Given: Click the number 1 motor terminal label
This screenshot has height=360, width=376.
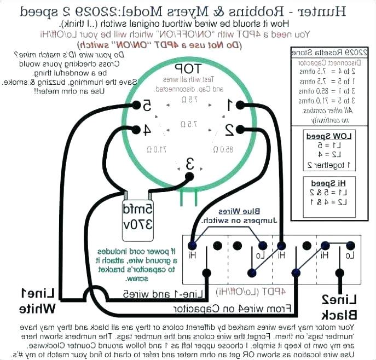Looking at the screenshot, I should click(232, 104).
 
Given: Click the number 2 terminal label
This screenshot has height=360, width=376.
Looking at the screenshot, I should click(230, 130).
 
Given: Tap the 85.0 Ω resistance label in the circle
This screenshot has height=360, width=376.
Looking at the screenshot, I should click(221, 149).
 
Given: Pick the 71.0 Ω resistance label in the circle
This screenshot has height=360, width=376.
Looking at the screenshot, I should click(157, 149).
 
